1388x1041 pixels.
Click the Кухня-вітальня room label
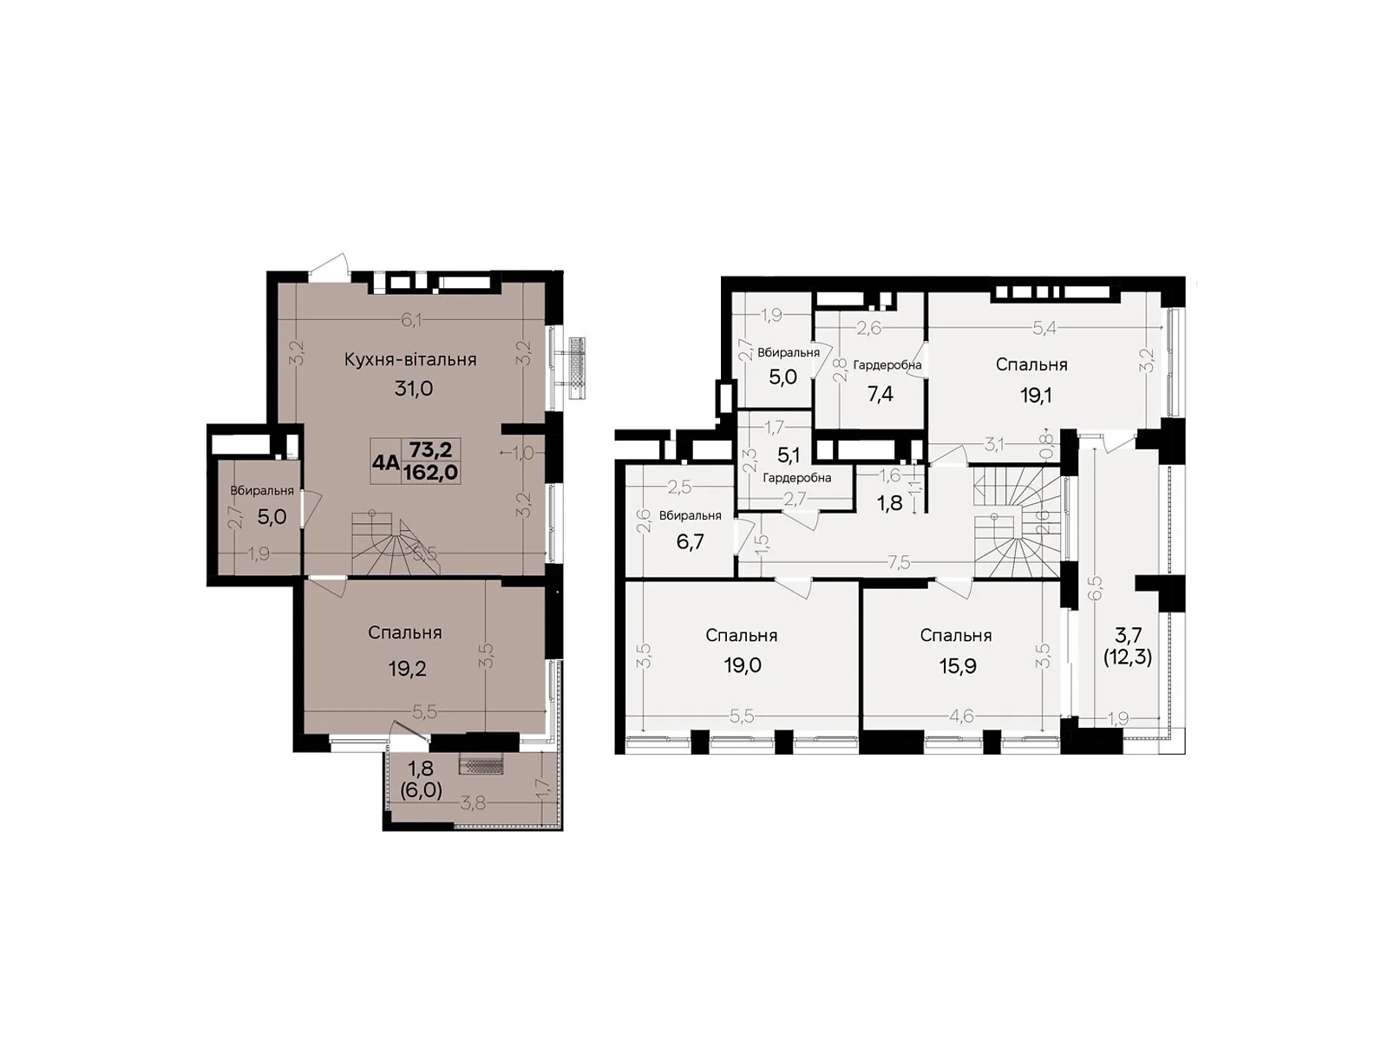pos(410,359)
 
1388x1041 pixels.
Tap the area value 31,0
pos(414,389)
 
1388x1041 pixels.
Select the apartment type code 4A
pos(385,462)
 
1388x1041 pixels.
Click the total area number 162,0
pos(431,472)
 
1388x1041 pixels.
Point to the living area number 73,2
pos(431,450)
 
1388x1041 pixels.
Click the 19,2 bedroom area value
pos(408,669)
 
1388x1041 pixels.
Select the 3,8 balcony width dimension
pos(473,803)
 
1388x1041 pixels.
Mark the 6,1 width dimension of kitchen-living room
pos(411,320)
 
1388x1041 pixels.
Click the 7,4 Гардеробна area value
pos(881,395)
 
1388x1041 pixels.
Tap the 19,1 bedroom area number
pos(1036,396)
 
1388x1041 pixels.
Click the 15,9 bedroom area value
pos(955,667)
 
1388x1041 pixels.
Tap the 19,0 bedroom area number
pos(743,665)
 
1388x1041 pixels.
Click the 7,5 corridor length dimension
pos(899,562)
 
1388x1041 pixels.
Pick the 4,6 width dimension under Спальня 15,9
pos(962,717)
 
